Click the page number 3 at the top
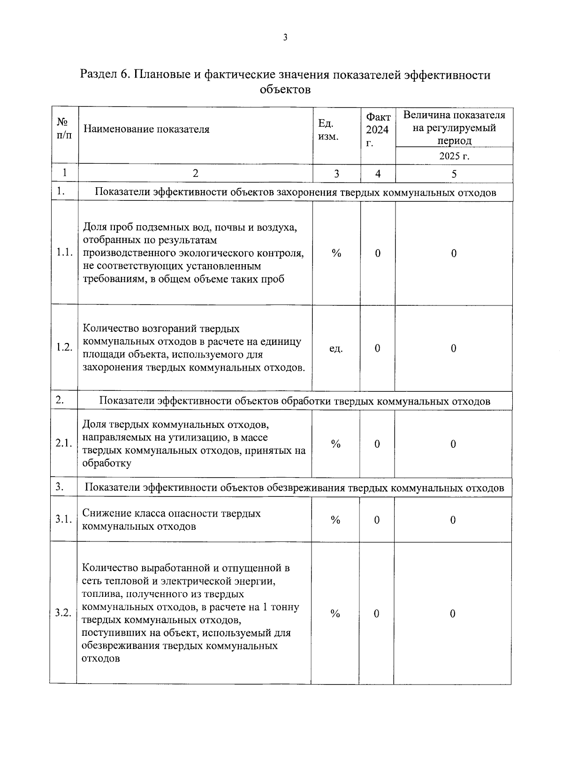click(285, 38)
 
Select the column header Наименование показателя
click(146, 129)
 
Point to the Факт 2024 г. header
click(378, 130)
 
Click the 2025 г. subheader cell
click(454, 156)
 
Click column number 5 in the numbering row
click(454, 174)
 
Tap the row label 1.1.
click(64, 253)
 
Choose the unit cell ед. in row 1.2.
click(336, 349)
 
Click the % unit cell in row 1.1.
click(336, 253)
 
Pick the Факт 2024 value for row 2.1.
click(377, 444)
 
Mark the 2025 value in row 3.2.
click(452, 614)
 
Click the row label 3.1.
click(63, 519)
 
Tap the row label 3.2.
click(63, 613)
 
